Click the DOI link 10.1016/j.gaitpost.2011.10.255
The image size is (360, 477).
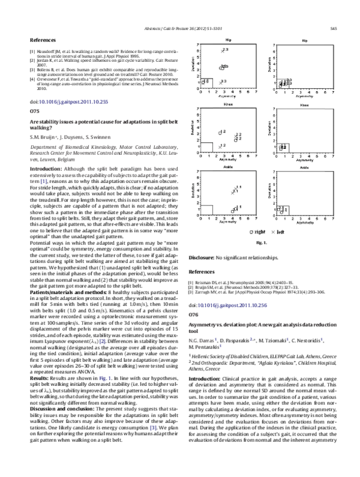75,102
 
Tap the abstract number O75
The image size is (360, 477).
34,112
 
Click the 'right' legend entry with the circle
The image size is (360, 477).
256,231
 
